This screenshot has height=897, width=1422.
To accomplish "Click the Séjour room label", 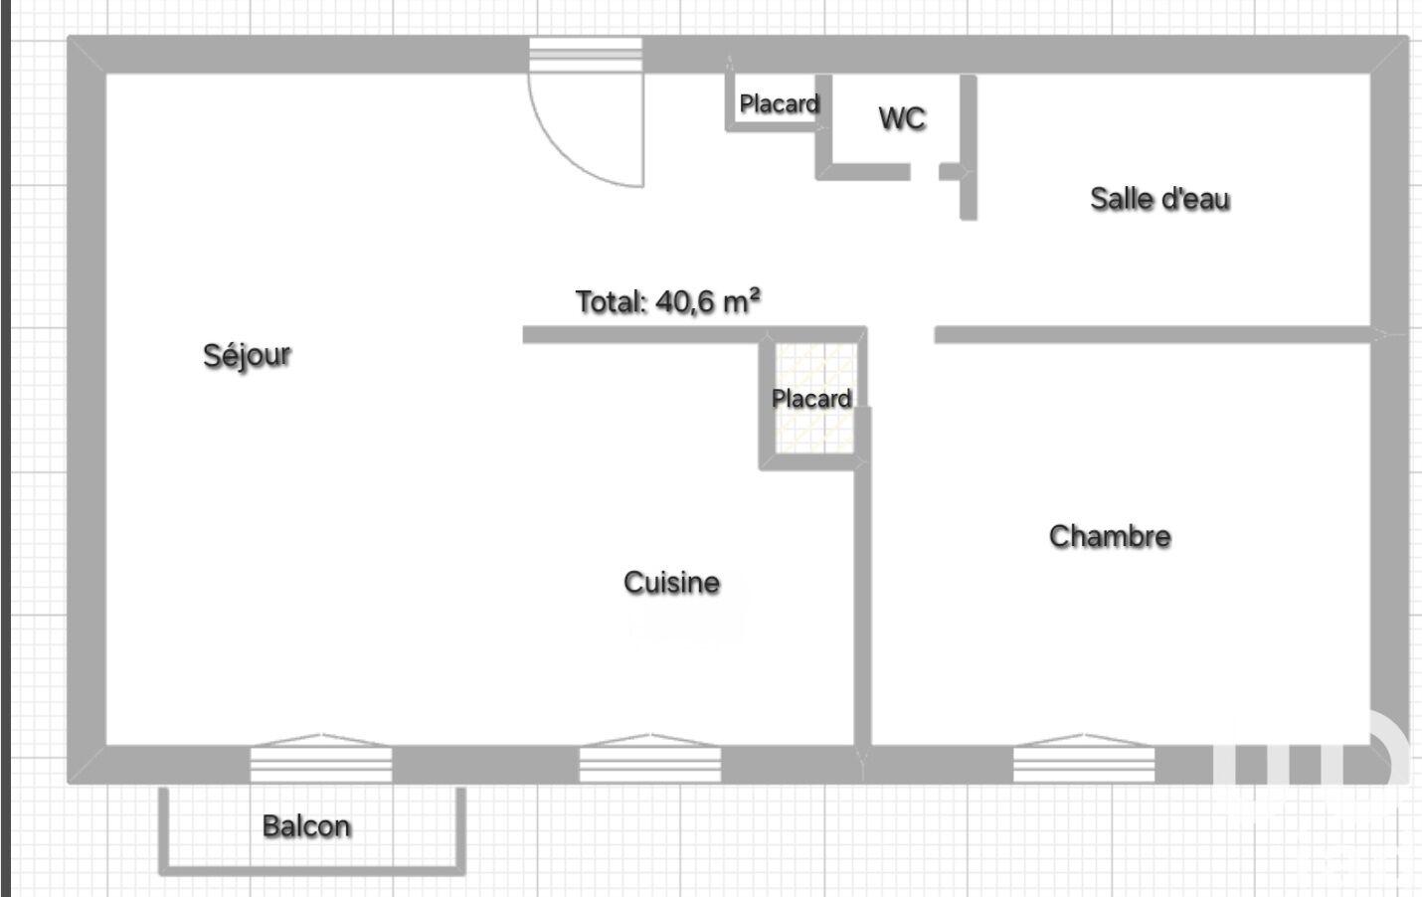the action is (x=247, y=355).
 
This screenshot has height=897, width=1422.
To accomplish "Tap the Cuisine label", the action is (x=671, y=583).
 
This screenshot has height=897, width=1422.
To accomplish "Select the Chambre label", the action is (x=1110, y=536).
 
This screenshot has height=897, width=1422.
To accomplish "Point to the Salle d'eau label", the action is (x=1159, y=199).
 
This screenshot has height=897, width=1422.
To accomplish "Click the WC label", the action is (x=902, y=118).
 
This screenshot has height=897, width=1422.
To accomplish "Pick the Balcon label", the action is (x=306, y=826).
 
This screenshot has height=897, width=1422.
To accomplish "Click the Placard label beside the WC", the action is (x=780, y=103).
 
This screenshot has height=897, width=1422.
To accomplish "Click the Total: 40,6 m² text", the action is (x=668, y=301).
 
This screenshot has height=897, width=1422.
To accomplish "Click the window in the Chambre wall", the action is (x=1084, y=764).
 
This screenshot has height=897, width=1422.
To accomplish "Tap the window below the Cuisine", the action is (x=650, y=764).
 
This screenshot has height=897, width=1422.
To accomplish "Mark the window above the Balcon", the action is (x=321, y=764).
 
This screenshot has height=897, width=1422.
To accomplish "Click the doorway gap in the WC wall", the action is (x=925, y=171).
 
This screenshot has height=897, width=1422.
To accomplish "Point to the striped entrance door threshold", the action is (x=586, y=54).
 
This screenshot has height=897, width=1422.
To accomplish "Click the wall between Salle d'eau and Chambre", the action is (x=1153, y=334).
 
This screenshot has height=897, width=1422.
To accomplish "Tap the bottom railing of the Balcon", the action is (x=311, y=871).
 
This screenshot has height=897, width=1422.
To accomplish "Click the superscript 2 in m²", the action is (x=754, y=293).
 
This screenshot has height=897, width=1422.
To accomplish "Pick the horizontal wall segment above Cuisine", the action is (x=694, y=334).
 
